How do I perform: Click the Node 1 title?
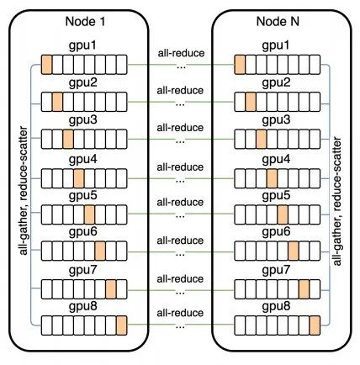click(85, 22)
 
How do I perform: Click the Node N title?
click(278, 22)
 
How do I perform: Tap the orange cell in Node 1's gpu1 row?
click(46, 65)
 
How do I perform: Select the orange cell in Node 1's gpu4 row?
click(79, 178)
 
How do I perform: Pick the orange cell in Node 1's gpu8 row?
click(122, 325)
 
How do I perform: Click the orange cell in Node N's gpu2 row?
click(251, 102)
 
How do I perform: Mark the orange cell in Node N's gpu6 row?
click(294, 251)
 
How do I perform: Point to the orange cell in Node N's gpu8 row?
click(315, 325)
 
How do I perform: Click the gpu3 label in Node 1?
click(83, 120)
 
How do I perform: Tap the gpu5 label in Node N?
click(276, 196)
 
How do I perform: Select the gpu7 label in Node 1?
click(83, 270)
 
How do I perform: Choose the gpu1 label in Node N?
click(276, 46)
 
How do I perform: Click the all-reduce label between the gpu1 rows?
click(181, 53)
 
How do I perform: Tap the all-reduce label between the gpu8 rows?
click(180, 313)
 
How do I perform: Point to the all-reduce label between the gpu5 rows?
click(180, 202)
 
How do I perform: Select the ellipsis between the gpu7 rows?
click(180, 294)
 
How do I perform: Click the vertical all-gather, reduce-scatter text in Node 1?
click(24, 191)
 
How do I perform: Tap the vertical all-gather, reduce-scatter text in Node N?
click(337, 201)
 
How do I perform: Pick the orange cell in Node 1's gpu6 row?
click(100, 251)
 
